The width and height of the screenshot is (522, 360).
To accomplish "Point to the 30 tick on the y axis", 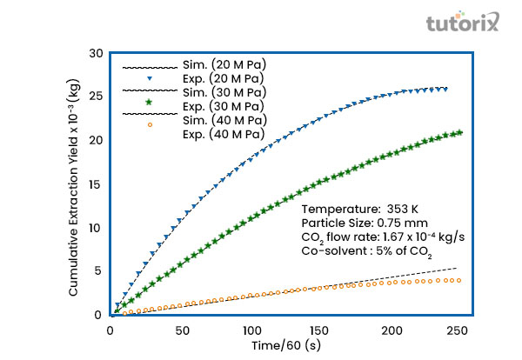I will coord(97,53).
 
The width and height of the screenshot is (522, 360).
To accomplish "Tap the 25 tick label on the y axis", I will coord(97,97).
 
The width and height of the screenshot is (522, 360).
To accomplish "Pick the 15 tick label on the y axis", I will coord(97,184).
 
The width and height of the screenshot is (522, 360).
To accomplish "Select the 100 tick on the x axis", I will coord(251,331).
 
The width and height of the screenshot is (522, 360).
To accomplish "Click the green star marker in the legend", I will coord(150,103).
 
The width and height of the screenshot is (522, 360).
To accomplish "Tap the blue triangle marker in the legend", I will coord(150,78).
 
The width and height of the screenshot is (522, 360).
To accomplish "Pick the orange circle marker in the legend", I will coord(150,126).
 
